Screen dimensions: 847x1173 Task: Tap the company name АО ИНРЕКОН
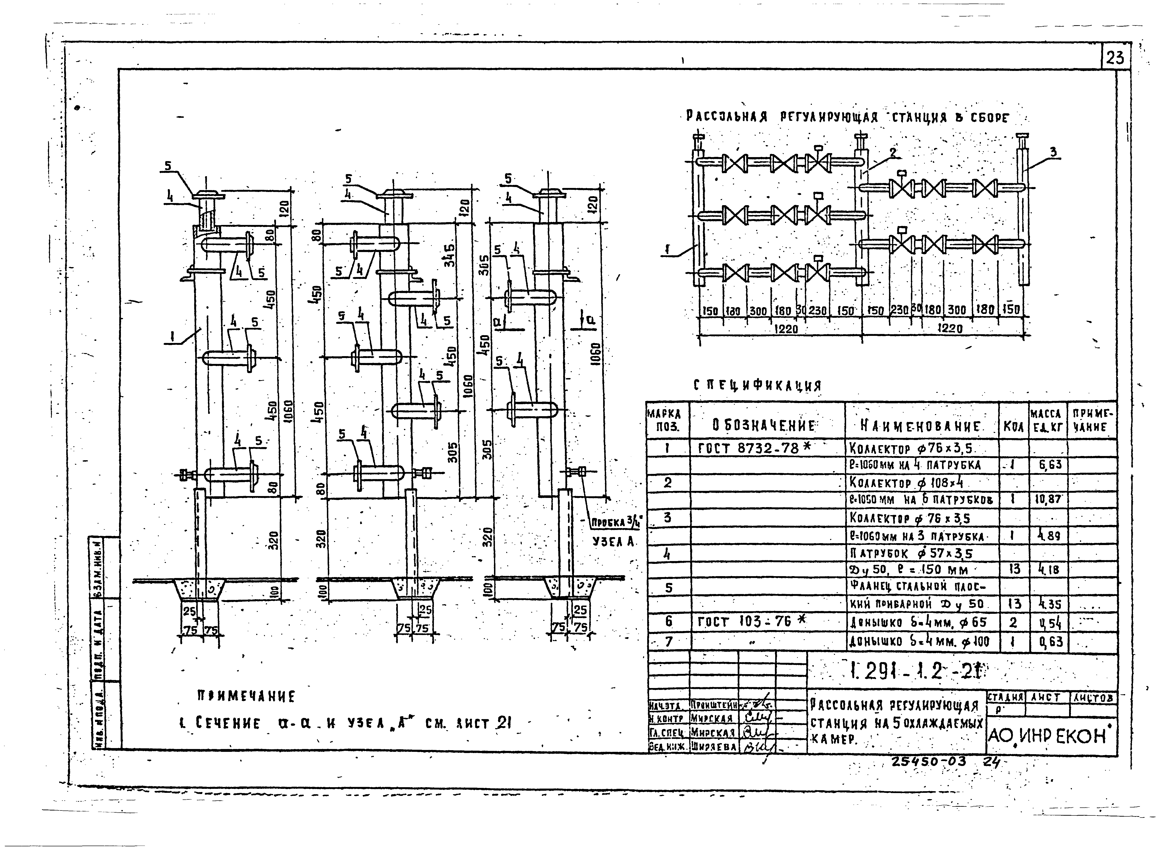pos(1050,736)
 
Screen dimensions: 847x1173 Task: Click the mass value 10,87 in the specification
pos(1048,499)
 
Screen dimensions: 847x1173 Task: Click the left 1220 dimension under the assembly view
pos(787,329)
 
